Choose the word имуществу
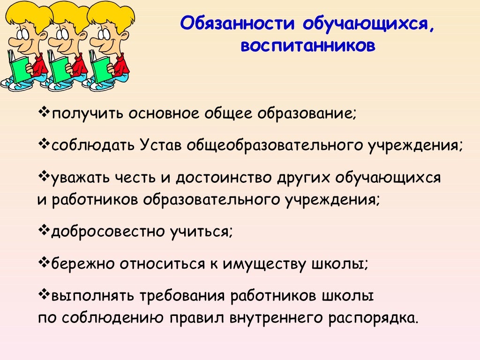[263, 263]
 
